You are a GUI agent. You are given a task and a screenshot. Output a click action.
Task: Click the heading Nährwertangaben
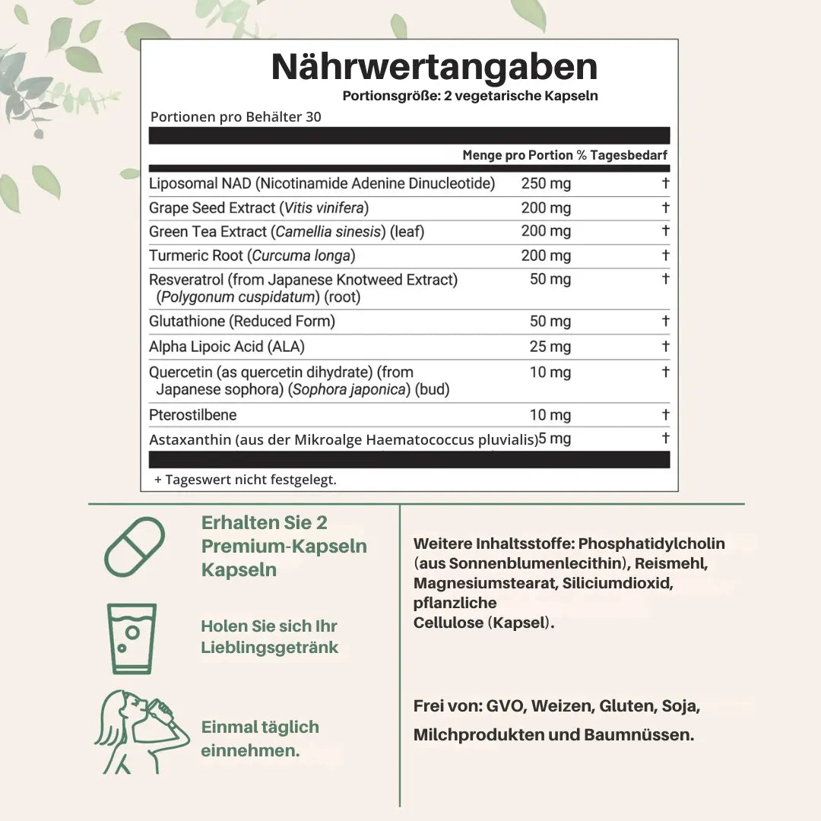point(434,67)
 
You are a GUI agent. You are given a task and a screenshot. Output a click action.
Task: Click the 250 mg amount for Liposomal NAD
point(545,183)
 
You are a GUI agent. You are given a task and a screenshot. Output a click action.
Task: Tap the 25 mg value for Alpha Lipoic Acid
point(550,347)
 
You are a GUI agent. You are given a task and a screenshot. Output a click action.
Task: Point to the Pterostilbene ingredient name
point(192,414)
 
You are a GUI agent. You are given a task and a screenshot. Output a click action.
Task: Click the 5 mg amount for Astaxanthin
point(555,439)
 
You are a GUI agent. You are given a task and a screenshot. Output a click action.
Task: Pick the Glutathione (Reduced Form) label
point(242,322)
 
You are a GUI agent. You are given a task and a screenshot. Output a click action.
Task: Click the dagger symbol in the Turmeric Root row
point(665,255)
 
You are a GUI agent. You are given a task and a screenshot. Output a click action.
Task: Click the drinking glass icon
point(132,639)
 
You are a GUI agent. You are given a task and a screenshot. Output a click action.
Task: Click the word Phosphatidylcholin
point(651,544)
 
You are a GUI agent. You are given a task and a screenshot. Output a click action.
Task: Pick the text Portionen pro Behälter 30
point(236,117)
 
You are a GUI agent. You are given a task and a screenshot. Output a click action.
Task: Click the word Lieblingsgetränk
point(269,648)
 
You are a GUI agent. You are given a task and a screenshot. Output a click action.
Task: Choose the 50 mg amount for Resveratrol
point(550,279)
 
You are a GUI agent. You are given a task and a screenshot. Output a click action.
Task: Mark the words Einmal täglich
point(260,727)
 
